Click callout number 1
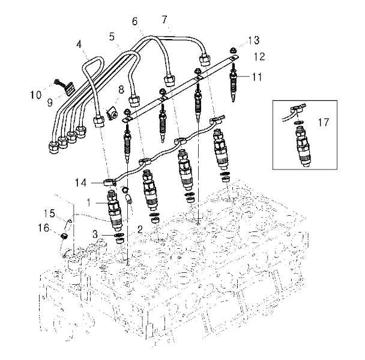point(89,203)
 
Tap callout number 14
point(80,183)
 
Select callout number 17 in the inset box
point(324,123)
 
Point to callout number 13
point(253,40)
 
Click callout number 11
point(257,77)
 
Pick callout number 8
point(121,90)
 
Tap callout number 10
point(36,95)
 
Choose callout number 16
point(44,228)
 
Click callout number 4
point(79,44)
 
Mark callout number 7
point(164,20)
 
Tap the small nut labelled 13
point(232,50)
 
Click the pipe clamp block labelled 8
point(112,112)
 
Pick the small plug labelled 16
point(64,236)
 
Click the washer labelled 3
point(119,235)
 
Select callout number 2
point(140,230)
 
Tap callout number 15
point(50,213)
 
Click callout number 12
point(259,56)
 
